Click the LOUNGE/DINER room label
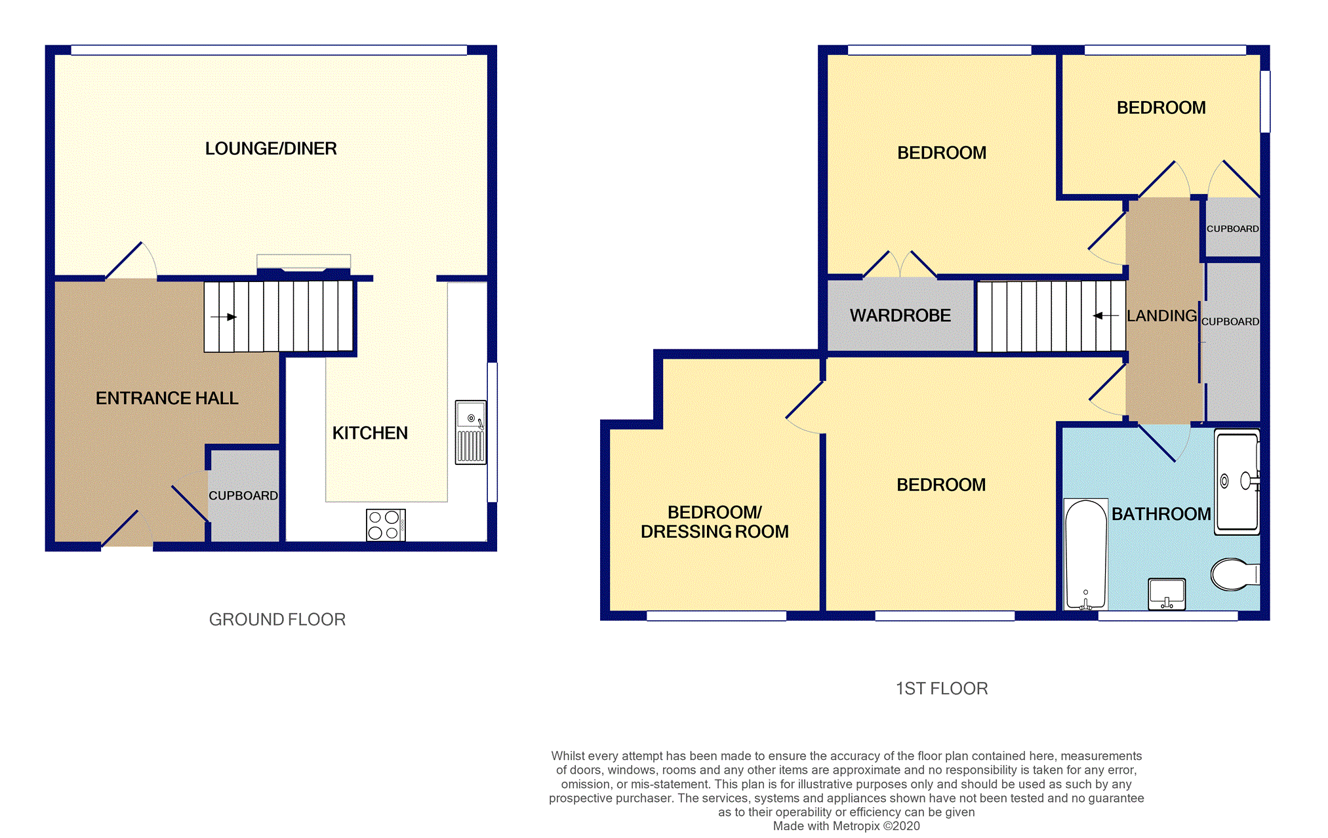(x=271, y=149)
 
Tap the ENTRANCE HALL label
(x=167, y=398)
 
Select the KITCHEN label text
(x=370, y=433)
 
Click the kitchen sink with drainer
(x=471, y=432)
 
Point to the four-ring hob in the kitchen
(x=385, y=525)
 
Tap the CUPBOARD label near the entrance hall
(x=243, y=496)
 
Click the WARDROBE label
(x=900, y=316)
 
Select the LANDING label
(x=1161, y=316)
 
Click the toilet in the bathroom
(x=1233, y=574)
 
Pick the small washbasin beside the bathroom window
(x=1167, y=594)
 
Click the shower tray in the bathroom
(x=1237, y=482)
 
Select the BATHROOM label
(x=1161, y=514)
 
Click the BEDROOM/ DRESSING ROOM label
(x=714, y=522)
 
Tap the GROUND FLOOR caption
(x=277, y=620)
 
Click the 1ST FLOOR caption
(x=941, y=688)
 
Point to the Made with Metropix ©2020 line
(x=846, y=826)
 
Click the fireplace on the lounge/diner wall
(x=304, y=262)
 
